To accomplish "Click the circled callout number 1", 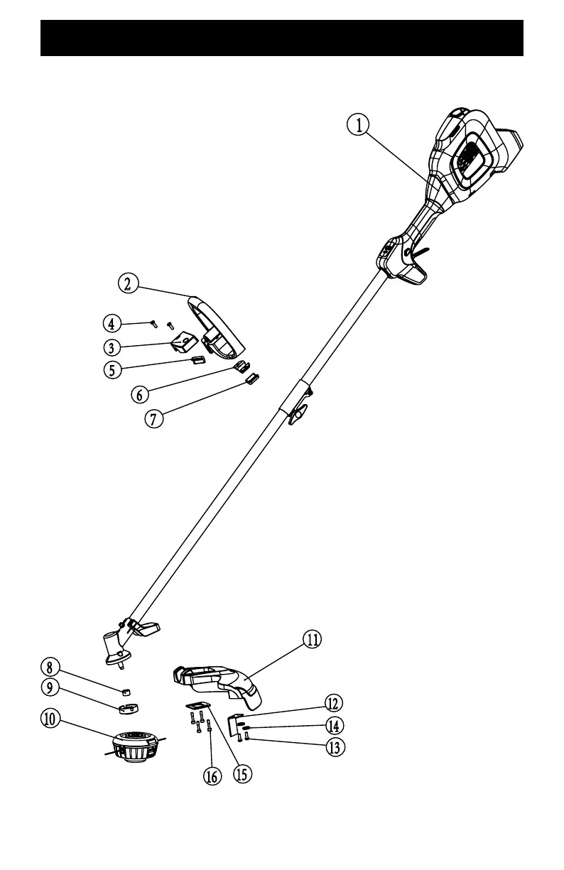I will tap(359, 125).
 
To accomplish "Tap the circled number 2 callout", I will tap(128, 283).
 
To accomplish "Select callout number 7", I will tap(153, 418).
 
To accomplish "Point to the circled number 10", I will tap(50, 719).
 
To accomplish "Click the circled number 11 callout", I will tap(311, 639).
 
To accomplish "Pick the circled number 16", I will tap(212, 776).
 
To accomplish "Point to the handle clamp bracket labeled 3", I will tap(185, 343).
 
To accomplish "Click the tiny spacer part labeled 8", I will tap(126, 690).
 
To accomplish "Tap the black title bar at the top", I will tap(282, 38).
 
